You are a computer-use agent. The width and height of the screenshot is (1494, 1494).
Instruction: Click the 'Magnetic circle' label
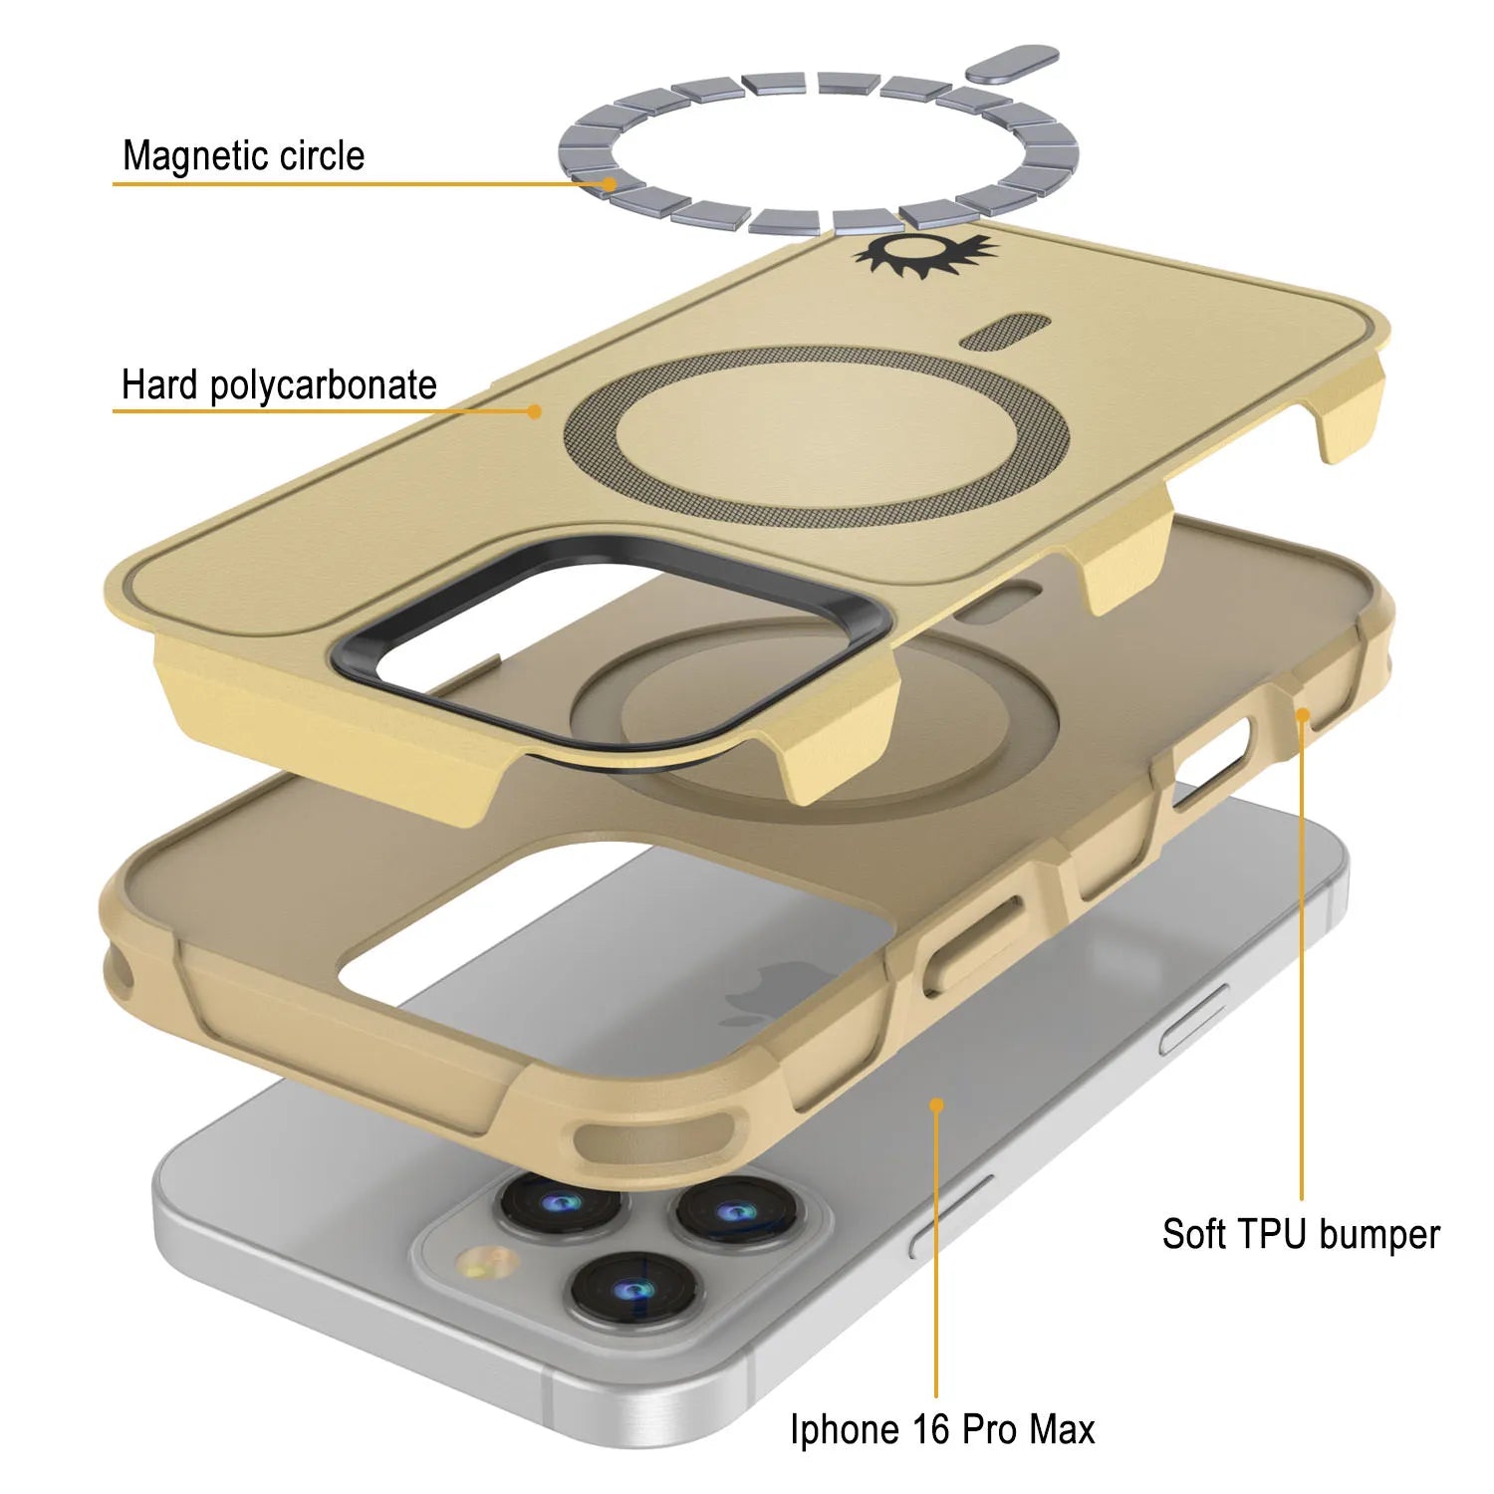244,155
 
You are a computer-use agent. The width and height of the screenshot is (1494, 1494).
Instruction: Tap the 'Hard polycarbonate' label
279,384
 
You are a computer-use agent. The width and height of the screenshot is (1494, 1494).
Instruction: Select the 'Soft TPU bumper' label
1301,1234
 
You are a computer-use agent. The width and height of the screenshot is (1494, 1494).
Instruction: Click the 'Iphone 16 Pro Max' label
942,1429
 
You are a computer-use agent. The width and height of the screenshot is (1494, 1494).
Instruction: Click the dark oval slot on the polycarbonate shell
1006,332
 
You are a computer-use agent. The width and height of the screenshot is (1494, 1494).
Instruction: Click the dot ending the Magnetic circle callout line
609,184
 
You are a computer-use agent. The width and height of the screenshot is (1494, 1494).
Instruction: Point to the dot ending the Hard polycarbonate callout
535,410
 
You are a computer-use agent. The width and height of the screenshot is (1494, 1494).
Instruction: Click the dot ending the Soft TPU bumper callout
1301,713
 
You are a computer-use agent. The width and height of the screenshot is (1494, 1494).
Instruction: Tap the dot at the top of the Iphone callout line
936,1105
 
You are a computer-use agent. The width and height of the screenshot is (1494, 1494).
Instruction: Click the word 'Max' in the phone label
1062,1429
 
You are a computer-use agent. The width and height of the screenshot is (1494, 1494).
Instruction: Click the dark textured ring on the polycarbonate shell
817,438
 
